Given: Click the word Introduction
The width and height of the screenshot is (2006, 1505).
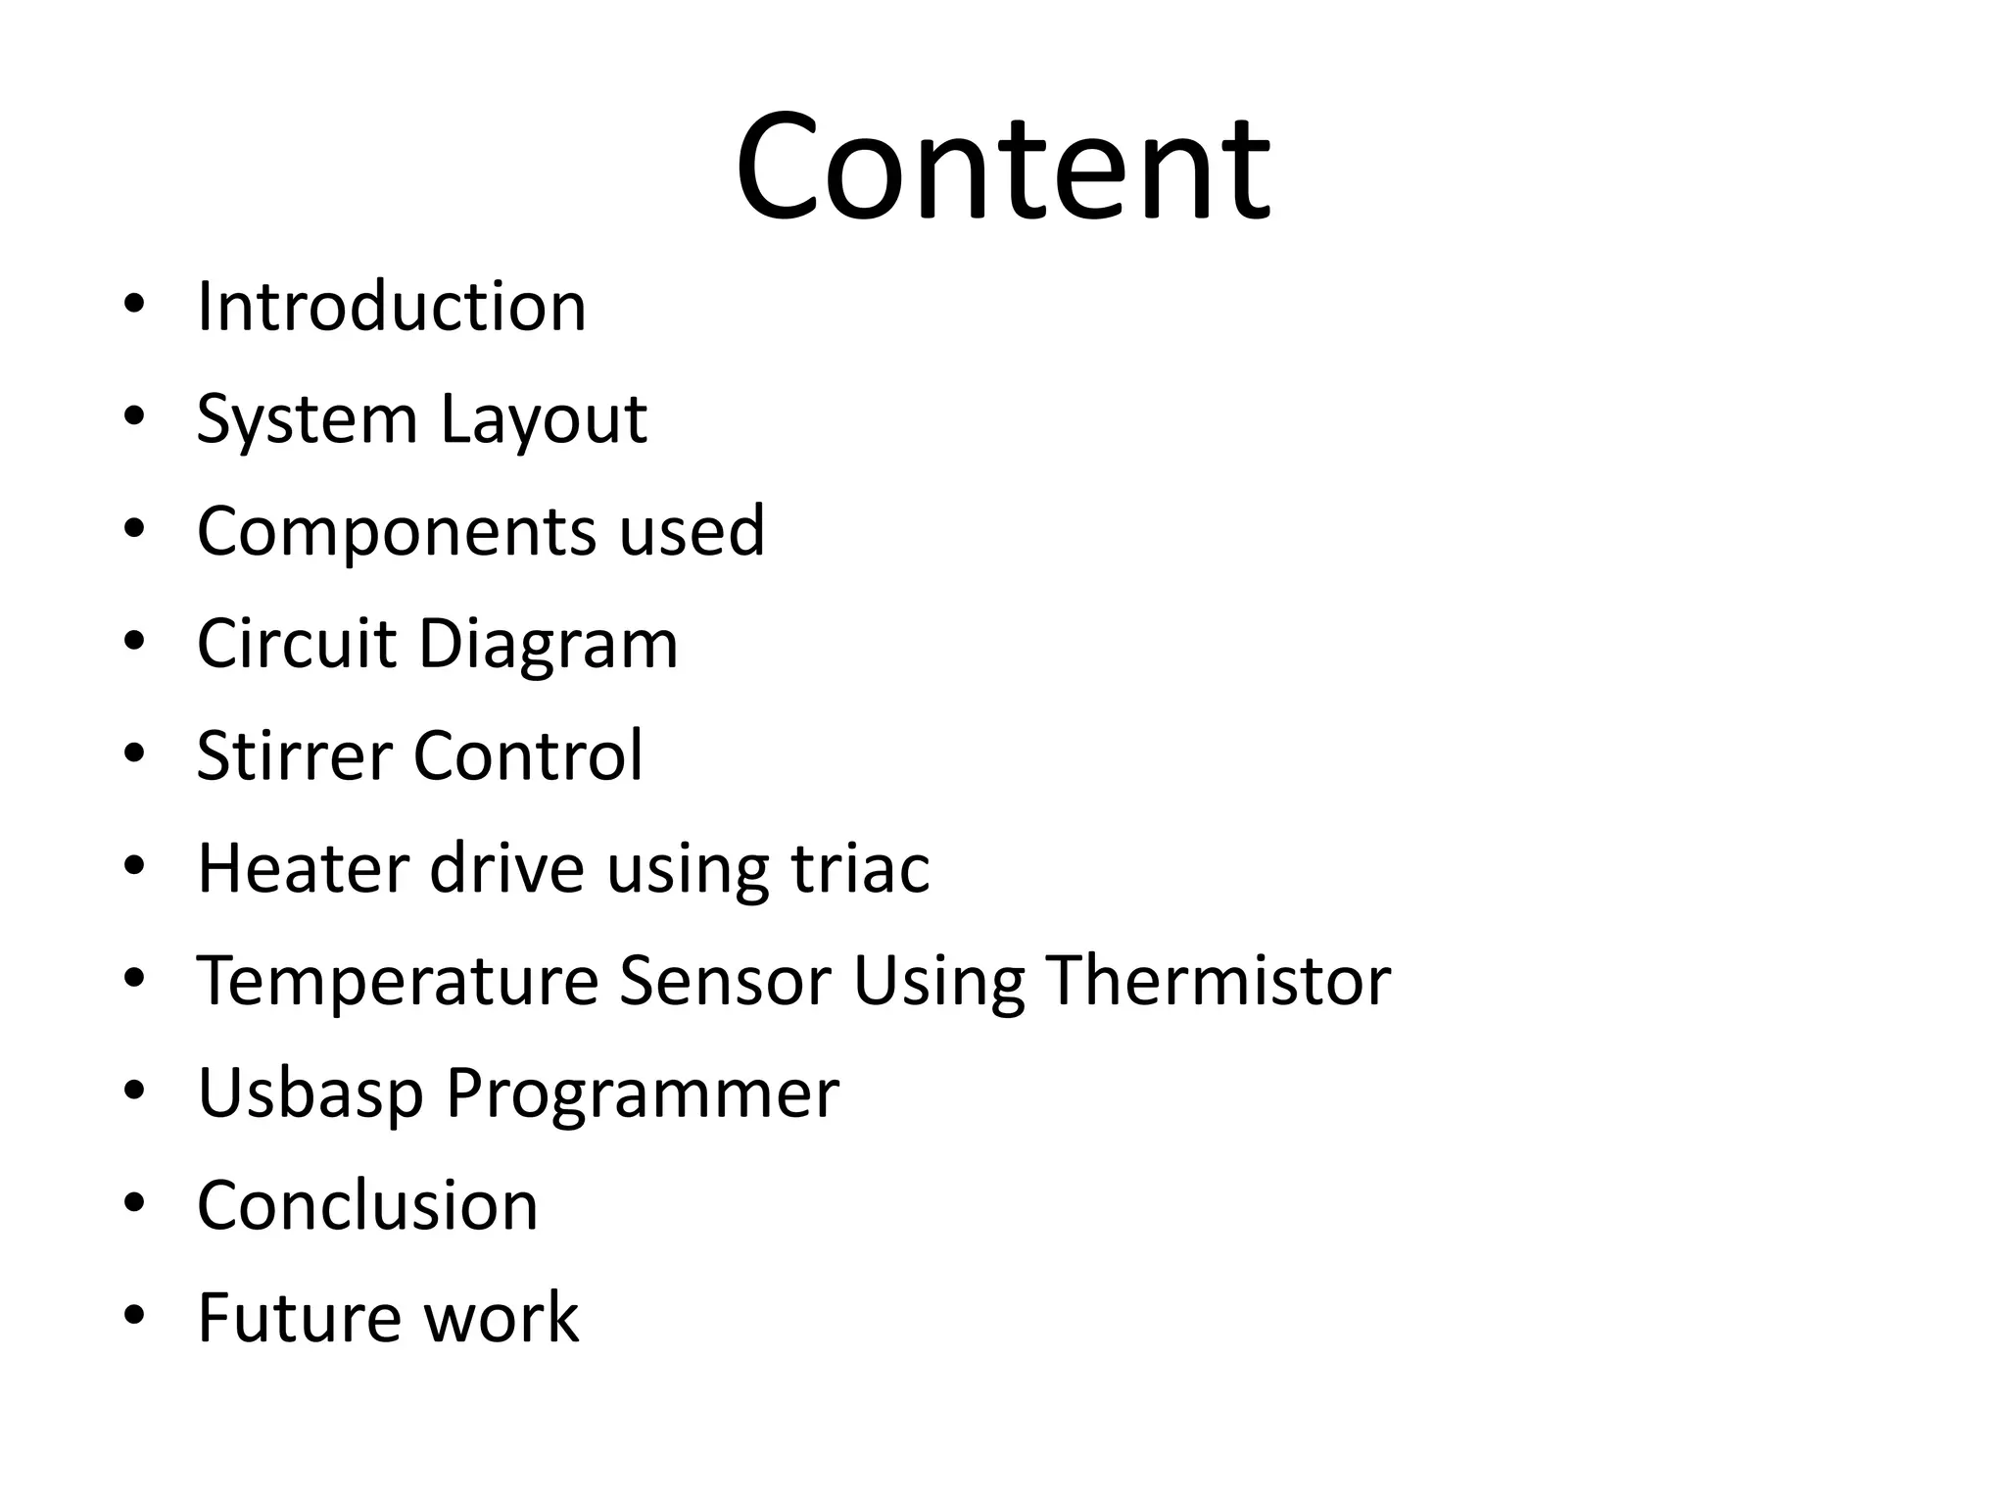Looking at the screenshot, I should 392,308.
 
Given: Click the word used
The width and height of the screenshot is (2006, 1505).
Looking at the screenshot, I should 692,531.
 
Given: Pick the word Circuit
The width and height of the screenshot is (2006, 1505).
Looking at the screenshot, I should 296,645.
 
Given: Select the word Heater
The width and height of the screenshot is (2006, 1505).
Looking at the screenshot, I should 303,868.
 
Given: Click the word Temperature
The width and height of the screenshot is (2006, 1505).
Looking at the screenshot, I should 398,982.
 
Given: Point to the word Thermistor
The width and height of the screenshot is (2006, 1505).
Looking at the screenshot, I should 1218,980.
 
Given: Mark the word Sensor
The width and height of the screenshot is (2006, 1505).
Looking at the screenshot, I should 725,980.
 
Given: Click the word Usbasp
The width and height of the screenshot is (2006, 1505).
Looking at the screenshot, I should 310,1093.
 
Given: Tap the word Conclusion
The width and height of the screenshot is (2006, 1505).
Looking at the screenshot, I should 368,1205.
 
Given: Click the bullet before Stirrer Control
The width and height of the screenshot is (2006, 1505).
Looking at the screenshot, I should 134,753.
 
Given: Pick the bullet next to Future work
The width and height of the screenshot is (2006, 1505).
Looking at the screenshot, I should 134,1315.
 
